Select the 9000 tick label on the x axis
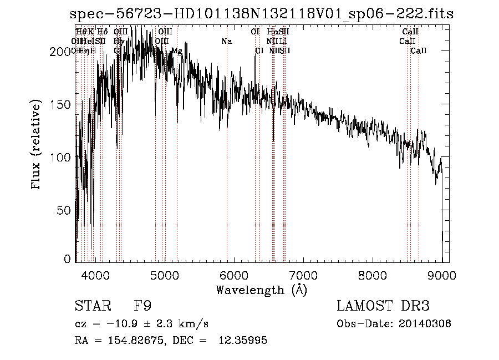coord(442,275)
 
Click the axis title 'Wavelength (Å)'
coord(261,290)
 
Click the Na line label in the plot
coord(227,42)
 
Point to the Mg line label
coord(176,51)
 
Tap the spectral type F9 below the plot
coord(142,306)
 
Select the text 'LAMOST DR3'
coord(383,306)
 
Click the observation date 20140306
coord(424,324)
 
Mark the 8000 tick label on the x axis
coord(372,275)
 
